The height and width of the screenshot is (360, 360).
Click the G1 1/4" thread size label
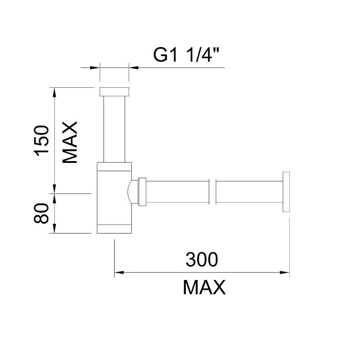click(x=186, y=55)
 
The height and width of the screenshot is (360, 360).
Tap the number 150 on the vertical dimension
click(x=41, y=141)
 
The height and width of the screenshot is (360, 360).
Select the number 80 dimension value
click(x=41, y=213)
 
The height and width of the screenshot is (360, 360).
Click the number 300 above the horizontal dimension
click(x=202, y=260)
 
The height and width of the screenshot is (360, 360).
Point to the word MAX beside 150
click(x=70, y=142)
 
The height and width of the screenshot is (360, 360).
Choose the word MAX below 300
click(x=204, y=287)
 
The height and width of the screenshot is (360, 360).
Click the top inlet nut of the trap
click(x=114, y=92)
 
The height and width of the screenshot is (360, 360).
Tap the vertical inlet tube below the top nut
click(x=114, y=129)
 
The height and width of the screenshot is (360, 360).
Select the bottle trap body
click(x=114, y=198)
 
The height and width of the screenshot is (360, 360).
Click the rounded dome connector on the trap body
click(x=132, y=192)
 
